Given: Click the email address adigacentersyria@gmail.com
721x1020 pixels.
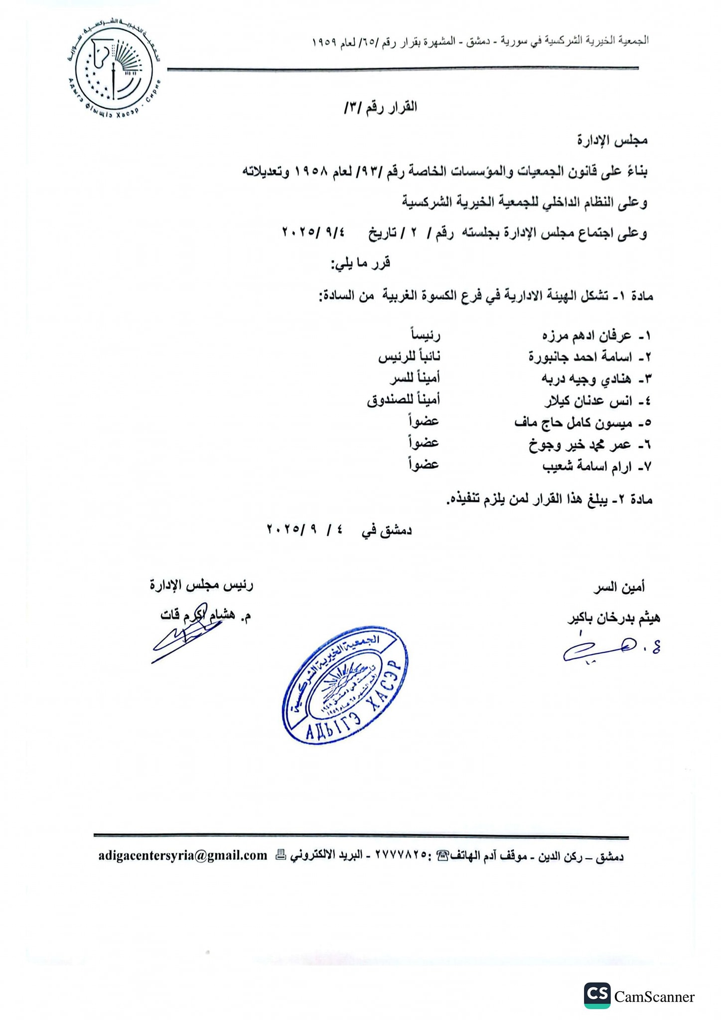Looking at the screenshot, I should [183, 855].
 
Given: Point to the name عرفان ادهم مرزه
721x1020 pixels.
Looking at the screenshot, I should [586, 336].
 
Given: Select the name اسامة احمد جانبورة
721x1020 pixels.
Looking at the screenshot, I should [580, 358].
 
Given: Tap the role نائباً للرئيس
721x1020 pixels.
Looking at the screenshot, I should [409, 357].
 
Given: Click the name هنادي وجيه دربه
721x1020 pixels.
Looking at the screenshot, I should [586, 379].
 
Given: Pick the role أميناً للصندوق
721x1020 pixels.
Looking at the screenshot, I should [404, 400].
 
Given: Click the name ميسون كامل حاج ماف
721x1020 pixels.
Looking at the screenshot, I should [573, 423].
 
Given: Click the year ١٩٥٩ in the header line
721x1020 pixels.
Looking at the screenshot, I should [323, 41].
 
